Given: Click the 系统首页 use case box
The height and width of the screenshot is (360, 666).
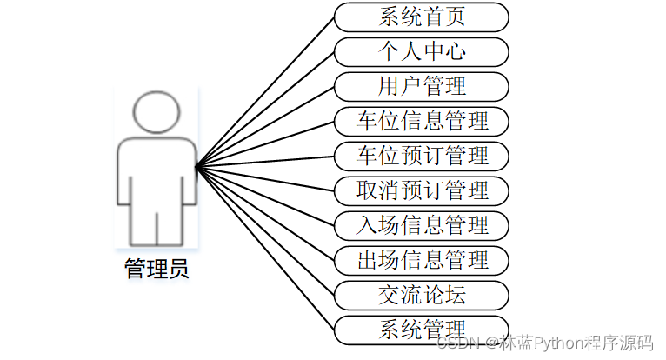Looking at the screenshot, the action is (x=422, y=17).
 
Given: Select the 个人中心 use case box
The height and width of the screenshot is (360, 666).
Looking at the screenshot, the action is (x=422, y=51).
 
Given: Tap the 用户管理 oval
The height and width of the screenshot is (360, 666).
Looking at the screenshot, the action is (x=422, y=86).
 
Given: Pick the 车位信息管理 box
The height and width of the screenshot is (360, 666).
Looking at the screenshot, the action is (x=422, y=121).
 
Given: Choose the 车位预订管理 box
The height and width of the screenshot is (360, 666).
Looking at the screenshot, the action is (x=422, y=156).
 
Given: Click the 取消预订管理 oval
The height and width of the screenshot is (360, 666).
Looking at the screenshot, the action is (x=422, y=190).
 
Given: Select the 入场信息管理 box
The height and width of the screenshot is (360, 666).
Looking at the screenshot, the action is (x=422, y=224).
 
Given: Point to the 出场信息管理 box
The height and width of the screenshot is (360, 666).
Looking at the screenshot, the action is (x=422, y=259).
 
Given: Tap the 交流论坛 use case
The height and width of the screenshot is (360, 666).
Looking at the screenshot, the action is (x=422, y=294).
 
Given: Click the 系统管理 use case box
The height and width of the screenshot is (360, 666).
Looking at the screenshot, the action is (x=422, y=329).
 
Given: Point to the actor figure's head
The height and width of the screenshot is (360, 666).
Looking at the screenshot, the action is (x=157, y=112).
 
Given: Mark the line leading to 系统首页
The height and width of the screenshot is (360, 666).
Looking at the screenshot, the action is (x=265, y=92).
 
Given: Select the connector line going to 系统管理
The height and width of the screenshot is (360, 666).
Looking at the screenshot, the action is (x=265, y=247).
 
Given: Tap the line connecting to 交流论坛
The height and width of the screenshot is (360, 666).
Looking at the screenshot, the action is (x=265, y=230).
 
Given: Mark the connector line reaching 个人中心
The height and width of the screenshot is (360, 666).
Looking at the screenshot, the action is (x=265, y=109).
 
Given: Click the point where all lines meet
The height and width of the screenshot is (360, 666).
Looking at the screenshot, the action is (x=197, y=166).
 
